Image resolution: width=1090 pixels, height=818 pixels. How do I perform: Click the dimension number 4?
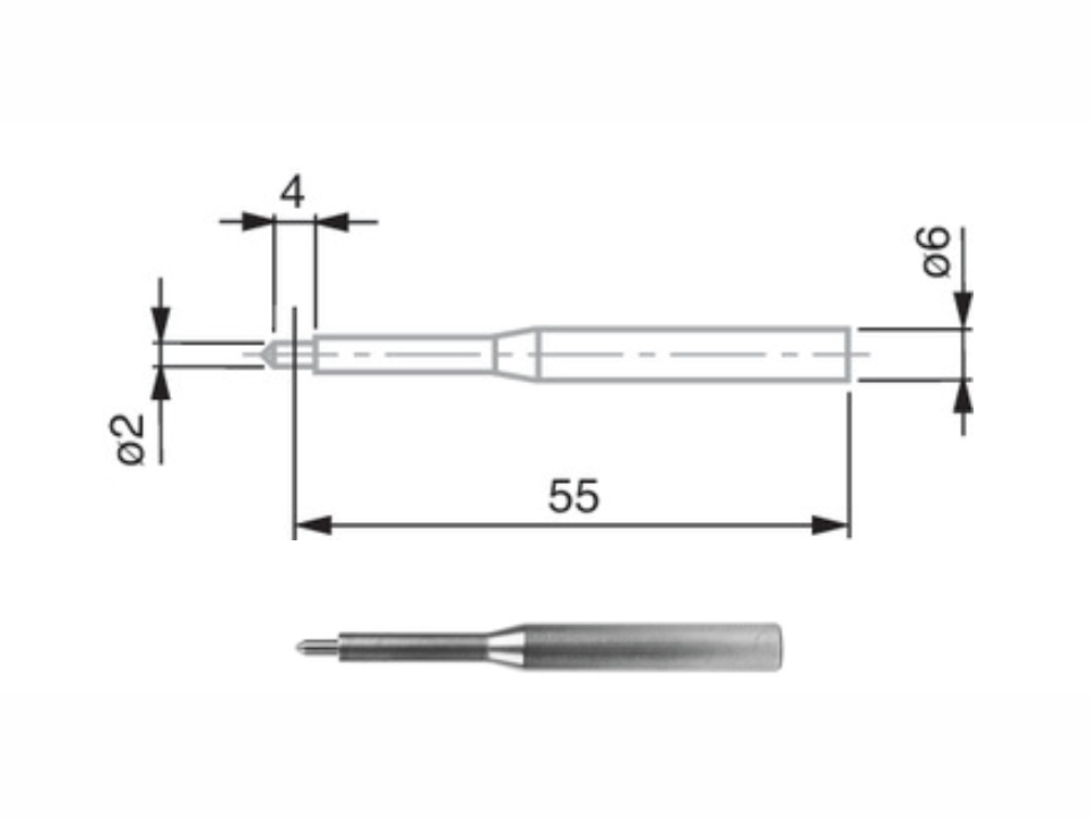[292, 193]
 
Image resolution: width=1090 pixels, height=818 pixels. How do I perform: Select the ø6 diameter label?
[935, 252]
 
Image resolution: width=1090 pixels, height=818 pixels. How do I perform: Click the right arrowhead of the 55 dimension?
[830, 526]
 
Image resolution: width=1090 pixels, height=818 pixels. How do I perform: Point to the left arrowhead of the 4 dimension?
[257, 222]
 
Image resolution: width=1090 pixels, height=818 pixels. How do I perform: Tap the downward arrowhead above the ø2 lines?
[161, 323]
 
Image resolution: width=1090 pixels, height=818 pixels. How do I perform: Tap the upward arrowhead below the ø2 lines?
[161, 384]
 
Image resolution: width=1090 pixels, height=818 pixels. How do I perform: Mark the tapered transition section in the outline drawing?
[515, 354]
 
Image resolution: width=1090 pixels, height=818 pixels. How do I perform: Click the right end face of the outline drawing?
[848, 354]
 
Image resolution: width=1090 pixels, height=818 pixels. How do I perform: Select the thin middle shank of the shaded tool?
[414, 647]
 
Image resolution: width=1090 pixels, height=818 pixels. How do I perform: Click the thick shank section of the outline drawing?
[690, 354]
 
